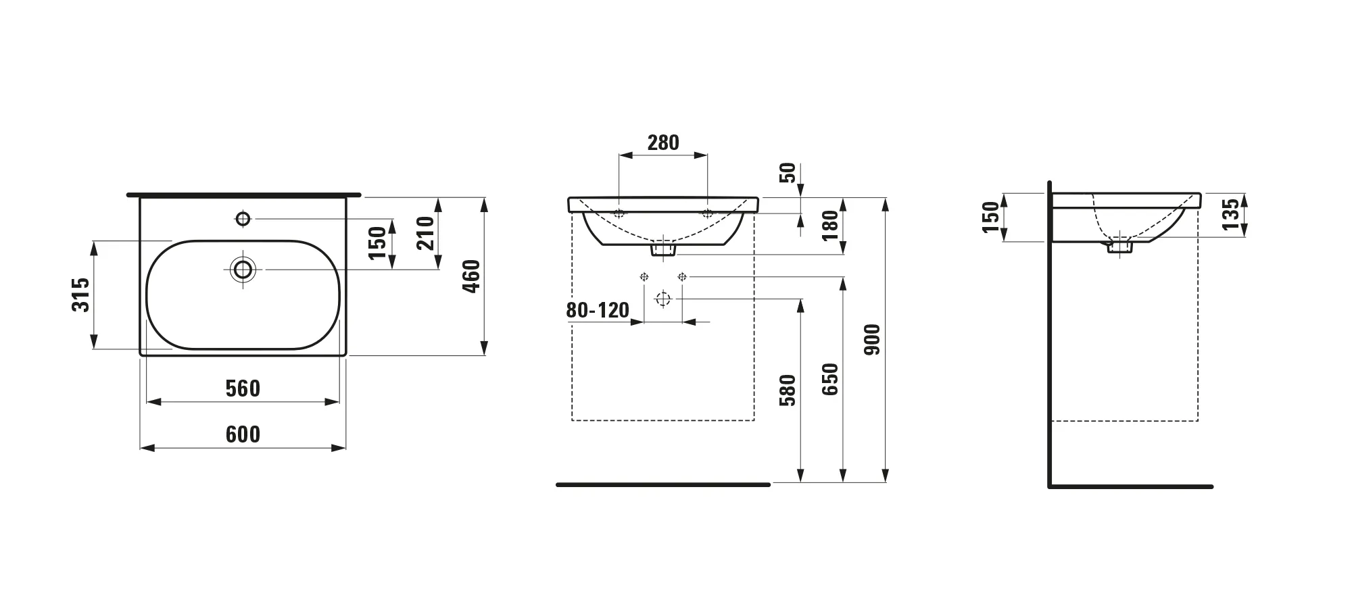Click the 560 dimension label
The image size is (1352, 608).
click(243, 388)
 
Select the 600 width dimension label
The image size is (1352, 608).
click(243, 434)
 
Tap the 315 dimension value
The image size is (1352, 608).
click(81, 295)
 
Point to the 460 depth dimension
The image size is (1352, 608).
click(471, 276)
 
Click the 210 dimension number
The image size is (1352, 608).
click(425, 233)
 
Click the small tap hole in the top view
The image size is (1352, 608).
click(243, 219)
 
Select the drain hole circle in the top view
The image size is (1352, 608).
click(243, 270)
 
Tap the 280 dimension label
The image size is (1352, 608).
click(663, 143)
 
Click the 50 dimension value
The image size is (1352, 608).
click(788, 173)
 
